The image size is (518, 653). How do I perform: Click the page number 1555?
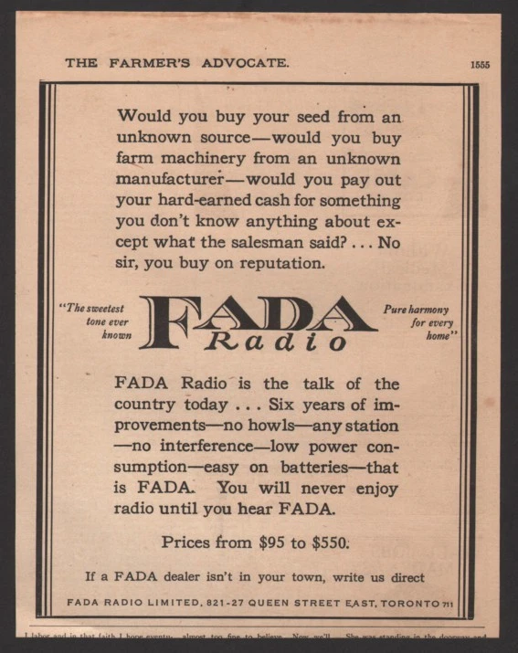481,64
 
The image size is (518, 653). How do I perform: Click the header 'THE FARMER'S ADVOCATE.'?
177,63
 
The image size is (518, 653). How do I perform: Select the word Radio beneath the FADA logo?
276,342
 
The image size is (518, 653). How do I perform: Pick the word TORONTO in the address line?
410,603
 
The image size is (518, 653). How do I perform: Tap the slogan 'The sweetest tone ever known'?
99,321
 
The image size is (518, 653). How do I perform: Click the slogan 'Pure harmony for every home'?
418,321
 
